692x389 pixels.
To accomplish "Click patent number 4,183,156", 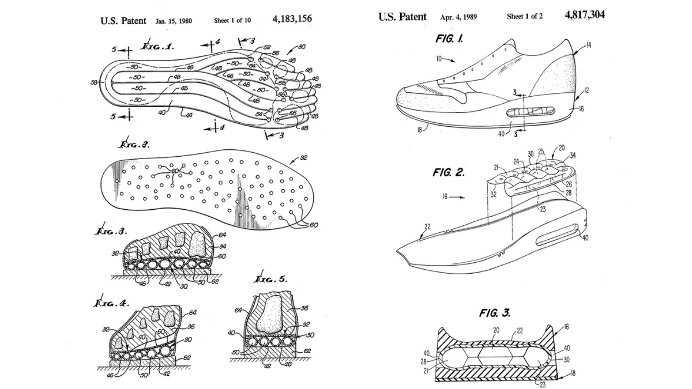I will (x=292, y=19).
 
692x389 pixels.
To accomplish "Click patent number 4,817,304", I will (x=585, y=15).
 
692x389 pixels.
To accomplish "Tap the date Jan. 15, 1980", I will (x=174, y=21).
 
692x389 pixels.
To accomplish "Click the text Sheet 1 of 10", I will (x=233, y=20).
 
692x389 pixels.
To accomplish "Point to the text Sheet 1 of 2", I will (x=524, y=16).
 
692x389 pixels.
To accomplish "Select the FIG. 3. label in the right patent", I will (x=494, y=313).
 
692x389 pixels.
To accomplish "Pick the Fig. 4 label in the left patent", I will (x=113, y=303).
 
